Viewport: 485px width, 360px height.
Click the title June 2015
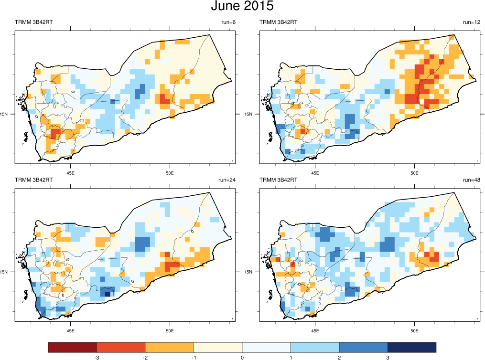click(242, 7)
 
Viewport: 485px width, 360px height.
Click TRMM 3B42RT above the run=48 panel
click(279, 180)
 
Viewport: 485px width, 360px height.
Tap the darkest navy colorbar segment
click(411, 347)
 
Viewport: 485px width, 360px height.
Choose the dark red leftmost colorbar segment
click(73, 347)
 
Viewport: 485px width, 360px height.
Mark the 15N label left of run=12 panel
click(248, 115)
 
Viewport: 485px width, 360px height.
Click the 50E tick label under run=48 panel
click(414, 330)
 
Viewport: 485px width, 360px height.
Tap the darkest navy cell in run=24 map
click(108, 294)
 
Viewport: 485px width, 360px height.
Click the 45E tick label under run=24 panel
click(70, 330)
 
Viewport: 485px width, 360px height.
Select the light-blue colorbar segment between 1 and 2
click(315, 347)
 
